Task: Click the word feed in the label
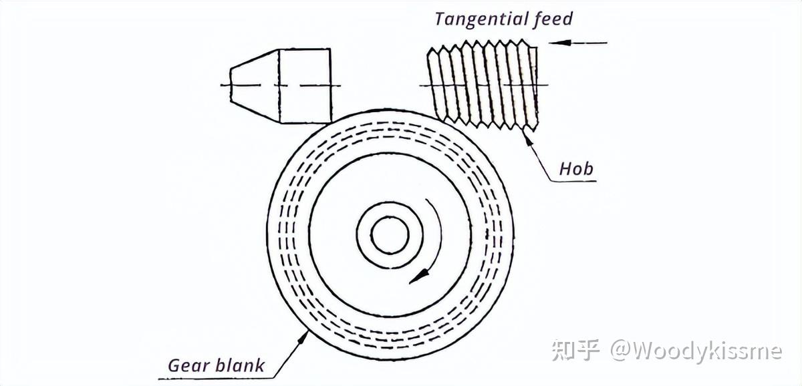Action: point(553,19)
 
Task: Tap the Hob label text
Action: point(576,168)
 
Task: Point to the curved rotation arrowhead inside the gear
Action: point(418,275)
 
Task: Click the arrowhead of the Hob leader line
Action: point(528,136)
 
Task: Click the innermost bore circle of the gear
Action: point(390,236)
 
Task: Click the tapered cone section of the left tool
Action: point(254,85)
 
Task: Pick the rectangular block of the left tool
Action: point(305,85)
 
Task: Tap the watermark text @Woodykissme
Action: point(695,350)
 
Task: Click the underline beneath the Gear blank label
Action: point(214,379)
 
